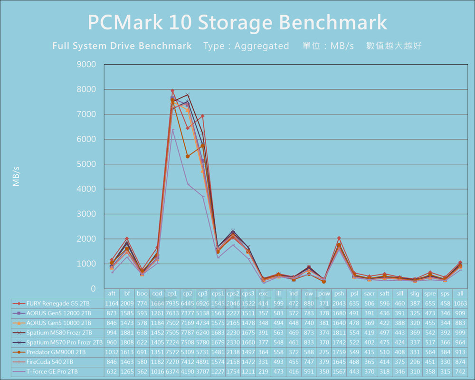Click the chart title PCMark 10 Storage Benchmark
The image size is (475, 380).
tap(237, 22)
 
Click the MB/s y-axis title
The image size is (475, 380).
tap(17, 176)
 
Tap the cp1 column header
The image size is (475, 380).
tap(172, 294)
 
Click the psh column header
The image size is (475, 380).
tap(339, 294)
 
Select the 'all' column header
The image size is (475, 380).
tap(460, 294)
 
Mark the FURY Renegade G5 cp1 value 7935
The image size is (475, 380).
tap(172, 303)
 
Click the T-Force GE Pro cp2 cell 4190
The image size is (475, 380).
tap(188, 371)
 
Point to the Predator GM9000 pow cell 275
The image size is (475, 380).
tap(324, 352)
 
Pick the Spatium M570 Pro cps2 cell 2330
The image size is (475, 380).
tap(233, 342)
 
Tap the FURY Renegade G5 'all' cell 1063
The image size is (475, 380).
tap(460, 303)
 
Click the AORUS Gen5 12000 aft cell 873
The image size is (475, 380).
tap(112, 313)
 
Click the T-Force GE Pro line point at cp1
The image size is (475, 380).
tap(172, 130)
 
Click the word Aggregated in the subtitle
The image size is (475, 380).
tap(262, 46)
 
